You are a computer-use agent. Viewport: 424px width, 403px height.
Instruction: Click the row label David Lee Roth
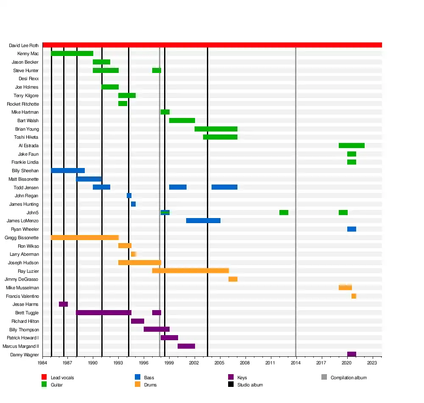(24, 45)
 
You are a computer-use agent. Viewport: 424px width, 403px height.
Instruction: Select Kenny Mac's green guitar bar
(72, 53)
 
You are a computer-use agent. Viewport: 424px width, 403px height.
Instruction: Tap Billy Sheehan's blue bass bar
(68, 171)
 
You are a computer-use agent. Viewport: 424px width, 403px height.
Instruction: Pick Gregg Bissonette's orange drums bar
(84, 238)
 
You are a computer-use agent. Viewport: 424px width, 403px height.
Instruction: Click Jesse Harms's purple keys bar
(63, 304)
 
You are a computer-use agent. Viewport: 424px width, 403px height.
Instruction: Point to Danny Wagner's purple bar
(351, 355)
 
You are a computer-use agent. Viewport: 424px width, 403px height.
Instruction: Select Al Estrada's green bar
(351, 146)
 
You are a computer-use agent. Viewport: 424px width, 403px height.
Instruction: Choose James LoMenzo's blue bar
(203, 221)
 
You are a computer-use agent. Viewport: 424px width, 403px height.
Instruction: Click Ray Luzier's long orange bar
(190, 271)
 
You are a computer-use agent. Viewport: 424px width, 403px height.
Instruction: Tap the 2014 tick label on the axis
(296, 363)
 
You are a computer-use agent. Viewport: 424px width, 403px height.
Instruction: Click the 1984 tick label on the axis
(42, 363)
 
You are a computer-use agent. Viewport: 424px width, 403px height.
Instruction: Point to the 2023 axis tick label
(372, 363)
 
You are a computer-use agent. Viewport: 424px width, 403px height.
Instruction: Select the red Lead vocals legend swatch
(44, 378)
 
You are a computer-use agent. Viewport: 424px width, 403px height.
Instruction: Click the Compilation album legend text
(349, 378)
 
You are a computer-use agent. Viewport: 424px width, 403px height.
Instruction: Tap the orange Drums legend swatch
(137, 385)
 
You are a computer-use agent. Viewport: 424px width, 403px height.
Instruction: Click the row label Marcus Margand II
(21, 346)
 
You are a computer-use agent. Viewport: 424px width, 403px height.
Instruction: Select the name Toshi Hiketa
(26, 137)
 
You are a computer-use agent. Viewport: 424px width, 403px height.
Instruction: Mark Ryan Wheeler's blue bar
(351, 229)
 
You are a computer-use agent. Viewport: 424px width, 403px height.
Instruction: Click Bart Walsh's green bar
(182, 120)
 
